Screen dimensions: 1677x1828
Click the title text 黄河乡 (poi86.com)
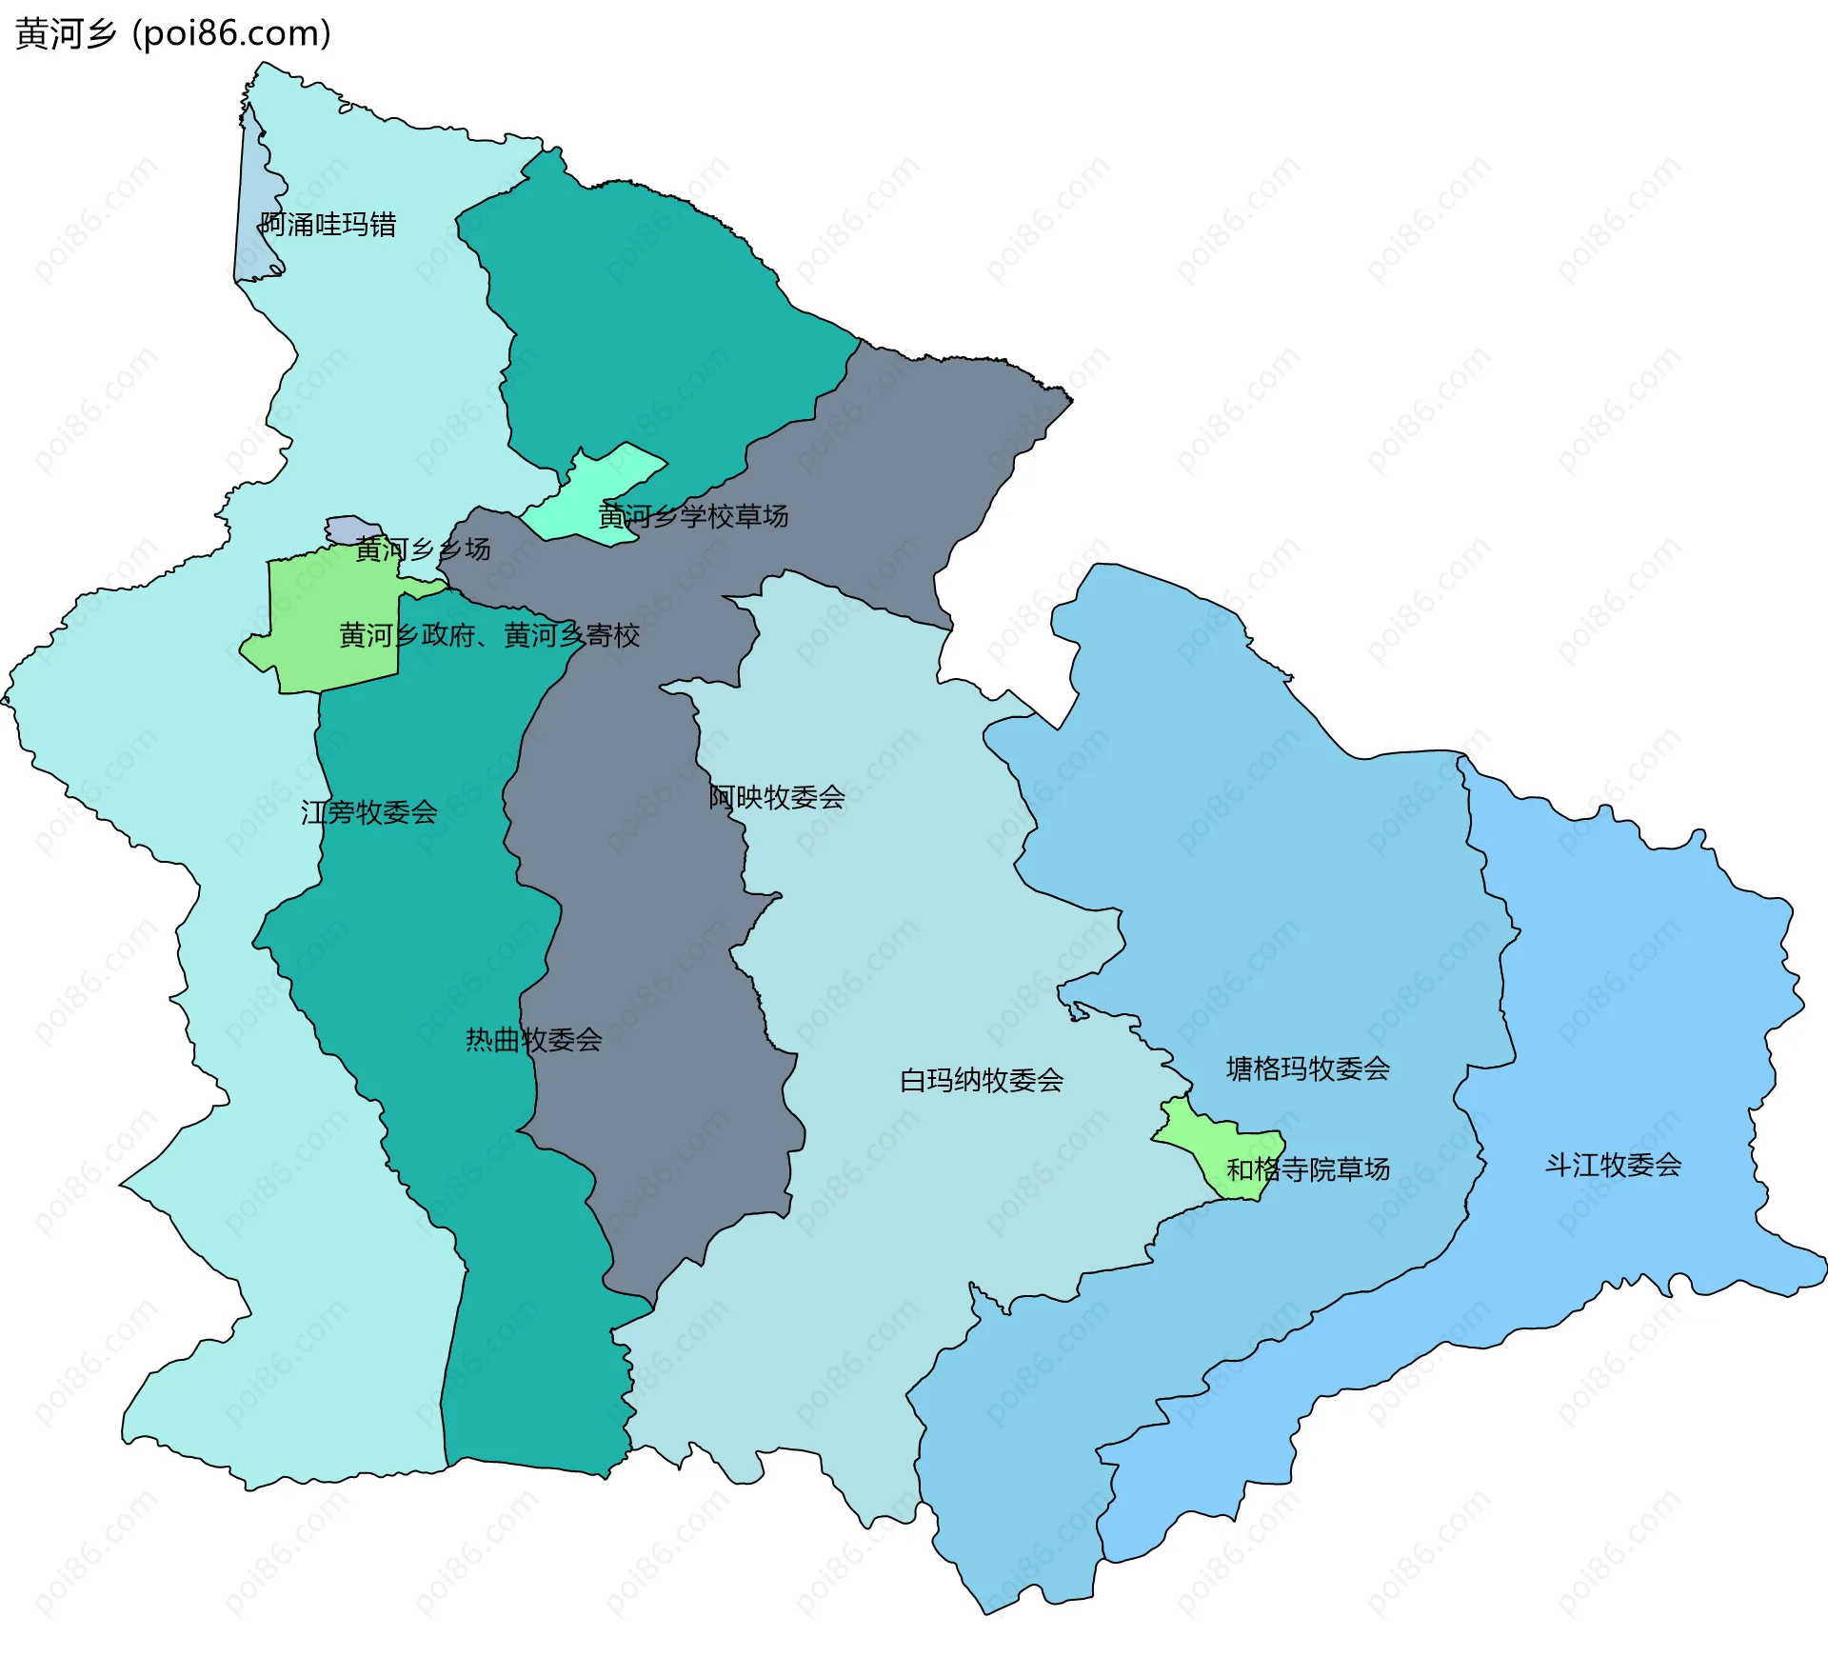173,33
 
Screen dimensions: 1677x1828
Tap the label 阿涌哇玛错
328,225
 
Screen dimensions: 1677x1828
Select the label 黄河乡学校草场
692,516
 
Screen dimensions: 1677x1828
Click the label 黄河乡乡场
423,549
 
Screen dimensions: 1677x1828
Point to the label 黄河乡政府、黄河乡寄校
488,635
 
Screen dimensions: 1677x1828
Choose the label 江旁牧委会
369,812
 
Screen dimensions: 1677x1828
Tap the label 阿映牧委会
777,797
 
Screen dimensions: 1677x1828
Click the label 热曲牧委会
533,1040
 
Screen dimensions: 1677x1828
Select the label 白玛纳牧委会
981,1080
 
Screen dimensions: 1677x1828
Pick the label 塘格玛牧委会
1307,1068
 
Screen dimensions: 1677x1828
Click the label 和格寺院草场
1307,1169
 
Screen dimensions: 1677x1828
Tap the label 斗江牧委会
1613,1165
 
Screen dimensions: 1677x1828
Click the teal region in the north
647,314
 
